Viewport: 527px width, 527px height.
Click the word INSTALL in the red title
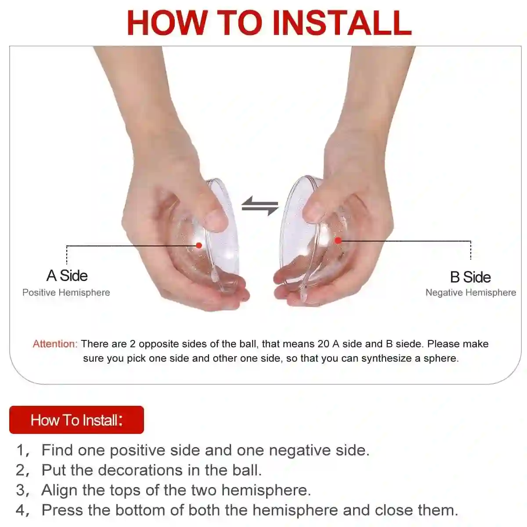pos(342,22)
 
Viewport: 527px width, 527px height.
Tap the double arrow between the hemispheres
pos(260,206)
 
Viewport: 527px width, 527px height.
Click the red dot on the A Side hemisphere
pos(199,245)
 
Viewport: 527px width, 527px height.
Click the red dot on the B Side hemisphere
pos(338,240)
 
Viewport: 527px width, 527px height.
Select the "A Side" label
pos(67,275)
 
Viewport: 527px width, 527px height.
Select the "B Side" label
pos(470,277)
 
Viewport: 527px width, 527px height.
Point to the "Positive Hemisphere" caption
pos(66,292)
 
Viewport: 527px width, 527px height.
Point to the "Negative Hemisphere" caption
pos(471,292)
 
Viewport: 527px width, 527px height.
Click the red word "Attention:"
pos(55,344)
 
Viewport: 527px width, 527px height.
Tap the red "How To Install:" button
pos(76,420)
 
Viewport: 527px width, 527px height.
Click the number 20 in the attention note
pos(324,344)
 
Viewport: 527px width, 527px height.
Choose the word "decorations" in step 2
pos(140,470)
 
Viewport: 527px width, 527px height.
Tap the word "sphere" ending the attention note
pos(441,358)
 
